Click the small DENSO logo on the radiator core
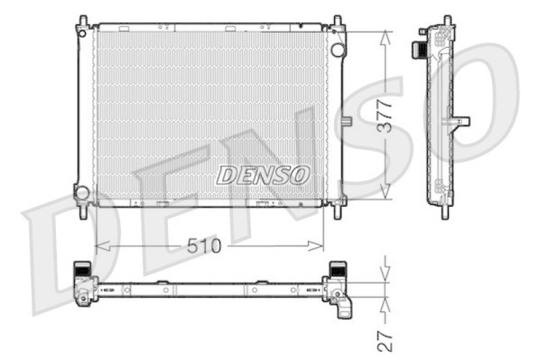(x=263, y=175)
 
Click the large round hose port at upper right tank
(x=337, y=49)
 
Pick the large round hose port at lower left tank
(x=82, y=192)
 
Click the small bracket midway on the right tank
(x=348, y=122)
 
